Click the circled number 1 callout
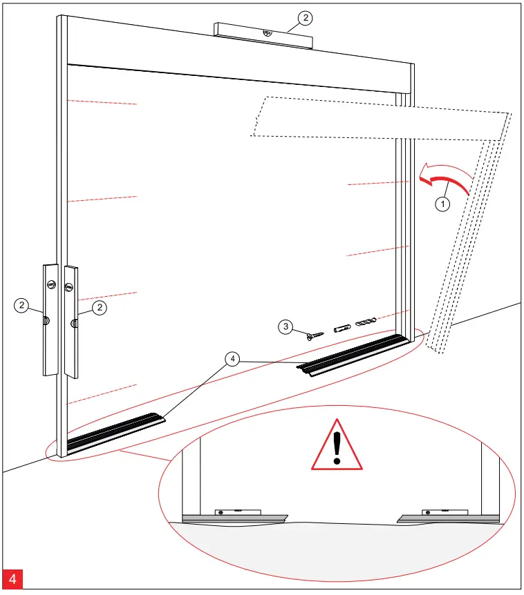tap(441, 204)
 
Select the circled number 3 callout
tap(285, 326)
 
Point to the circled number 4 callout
tap(234, 359)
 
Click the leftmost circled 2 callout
tap(23, 305)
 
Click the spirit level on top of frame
tap(263, 36)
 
